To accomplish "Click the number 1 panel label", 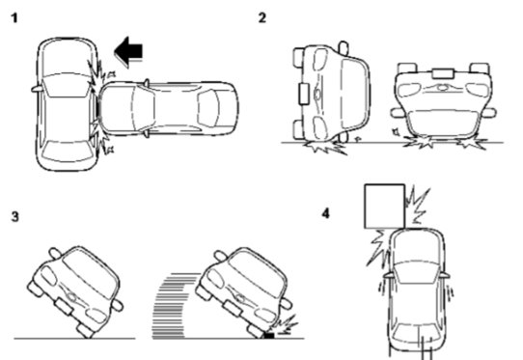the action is [x=14, y=17].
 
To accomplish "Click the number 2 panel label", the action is [x=262, y=17].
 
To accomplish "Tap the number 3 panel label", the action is [x=15, y=217].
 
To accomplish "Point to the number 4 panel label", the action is [x=326, y=213].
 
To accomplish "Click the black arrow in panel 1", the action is [x=128, y=52].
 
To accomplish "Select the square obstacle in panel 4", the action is [x=385, y=207].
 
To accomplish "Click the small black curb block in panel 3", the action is [x=269, y=335].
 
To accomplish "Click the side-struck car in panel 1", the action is [x=66, y=104].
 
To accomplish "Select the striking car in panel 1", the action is [x=168, y=108].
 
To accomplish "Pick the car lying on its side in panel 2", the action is [x=331, y=94].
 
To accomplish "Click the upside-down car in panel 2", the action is [x=443, y=100].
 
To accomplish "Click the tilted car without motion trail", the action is [x=75, y=291].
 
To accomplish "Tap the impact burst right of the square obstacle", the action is [x=418, y=206].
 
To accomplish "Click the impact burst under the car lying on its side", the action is [x=325, y=147].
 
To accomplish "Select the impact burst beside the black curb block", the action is [x=286, y=323].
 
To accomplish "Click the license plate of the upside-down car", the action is [x=443, y=73].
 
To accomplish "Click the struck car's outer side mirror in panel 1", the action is [x=38, y=89].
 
